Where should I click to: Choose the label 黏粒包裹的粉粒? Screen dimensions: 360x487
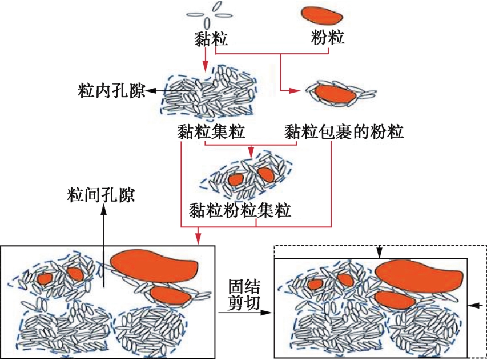point(344,133)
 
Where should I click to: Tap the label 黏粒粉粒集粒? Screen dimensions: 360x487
point(240,210)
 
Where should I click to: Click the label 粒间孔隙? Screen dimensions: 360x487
point(100,195)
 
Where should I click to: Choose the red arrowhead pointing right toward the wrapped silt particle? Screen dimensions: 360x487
point(297,91)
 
